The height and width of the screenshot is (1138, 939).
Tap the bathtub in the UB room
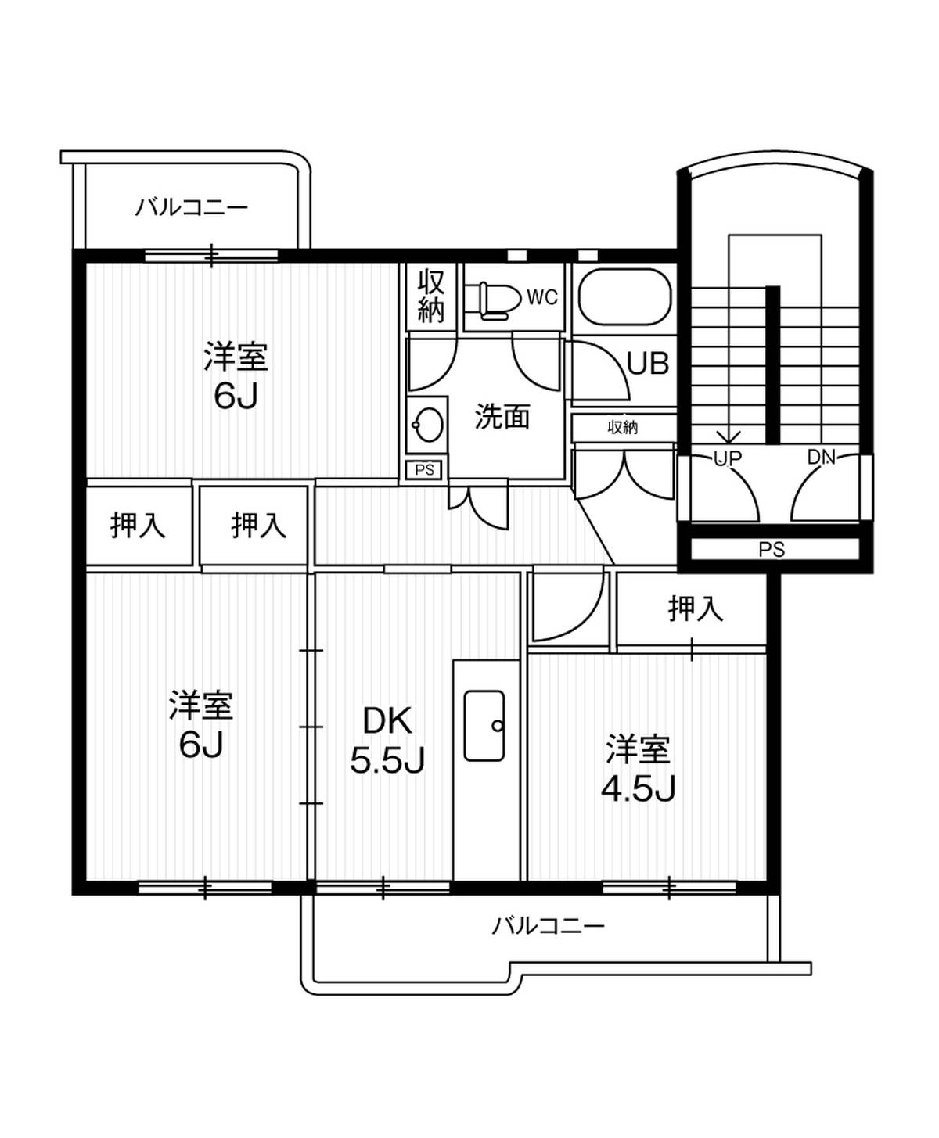tap(624, 297)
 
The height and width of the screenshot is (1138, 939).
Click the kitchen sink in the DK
tap(484, 725)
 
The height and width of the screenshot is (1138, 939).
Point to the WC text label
tap(542, 297)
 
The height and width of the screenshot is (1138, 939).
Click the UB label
tap(648, 364)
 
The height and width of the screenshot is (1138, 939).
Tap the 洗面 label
tap(502, 417)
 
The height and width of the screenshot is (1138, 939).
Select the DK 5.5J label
tap(387, 740)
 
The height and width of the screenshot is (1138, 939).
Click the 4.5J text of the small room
tap(638, 789)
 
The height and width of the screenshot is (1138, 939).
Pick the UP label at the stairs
tap(727, 458)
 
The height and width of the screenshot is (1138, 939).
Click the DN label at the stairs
tap(822, 457)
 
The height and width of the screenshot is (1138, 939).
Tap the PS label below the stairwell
tap(772, 550)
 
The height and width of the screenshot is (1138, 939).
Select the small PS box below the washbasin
tap(424, 470)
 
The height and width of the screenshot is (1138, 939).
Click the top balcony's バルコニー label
tap(192, 207)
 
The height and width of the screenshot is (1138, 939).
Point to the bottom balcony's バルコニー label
tap(548, 926)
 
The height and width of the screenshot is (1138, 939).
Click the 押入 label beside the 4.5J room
tap(695, 608)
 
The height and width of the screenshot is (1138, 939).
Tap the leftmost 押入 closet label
tap(138, 525)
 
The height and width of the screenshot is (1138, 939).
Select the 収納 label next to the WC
tap(430, 296)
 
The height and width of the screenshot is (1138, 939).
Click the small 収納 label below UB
tap(623, 427)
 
